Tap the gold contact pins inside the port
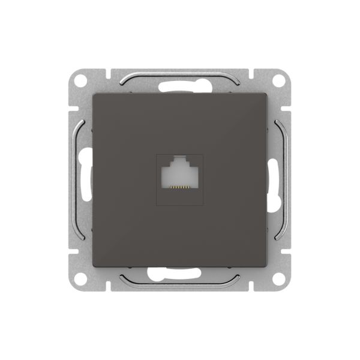[x=179, y=187]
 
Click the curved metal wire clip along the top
[x=179, y=77]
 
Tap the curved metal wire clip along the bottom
[x=179, y=281]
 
